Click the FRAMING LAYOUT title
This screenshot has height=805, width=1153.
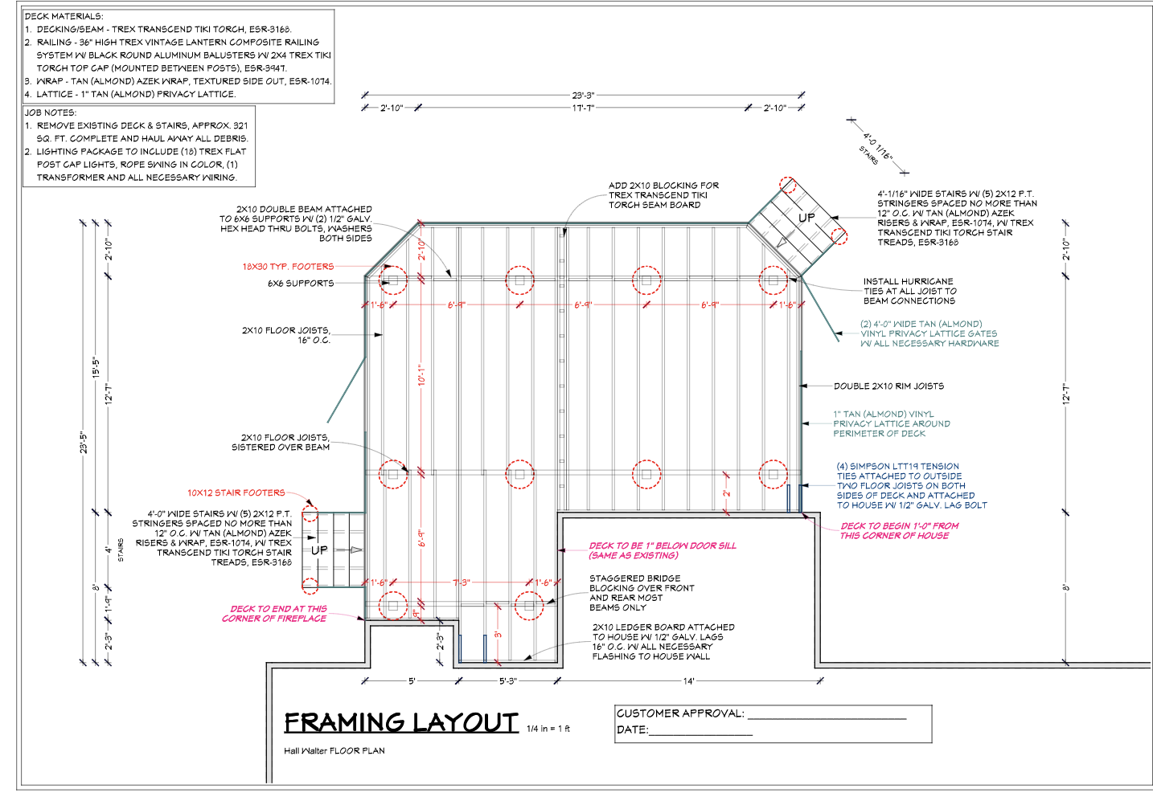click(401, 723)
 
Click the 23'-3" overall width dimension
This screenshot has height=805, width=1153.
click(583, 95)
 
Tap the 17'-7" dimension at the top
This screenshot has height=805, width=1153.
click(583, 108)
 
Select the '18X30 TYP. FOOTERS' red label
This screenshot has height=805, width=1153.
click(288, 267)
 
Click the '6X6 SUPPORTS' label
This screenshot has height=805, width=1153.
click(301, 284)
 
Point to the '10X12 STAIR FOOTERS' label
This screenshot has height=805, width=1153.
click(236, 492)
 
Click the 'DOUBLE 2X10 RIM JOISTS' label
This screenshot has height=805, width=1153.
click(889, 386)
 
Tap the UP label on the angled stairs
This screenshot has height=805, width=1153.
click(806, 218)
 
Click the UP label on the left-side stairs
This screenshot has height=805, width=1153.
click(319, 550)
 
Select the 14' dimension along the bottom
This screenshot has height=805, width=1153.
click(689, 681)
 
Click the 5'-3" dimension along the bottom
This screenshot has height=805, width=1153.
click(508, 681)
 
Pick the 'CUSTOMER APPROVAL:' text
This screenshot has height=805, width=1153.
click(680, 713)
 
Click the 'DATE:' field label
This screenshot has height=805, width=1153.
click(633, 730)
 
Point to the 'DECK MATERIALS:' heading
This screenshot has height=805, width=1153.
click(64, 16)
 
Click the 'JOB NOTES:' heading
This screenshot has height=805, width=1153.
click(51, 112)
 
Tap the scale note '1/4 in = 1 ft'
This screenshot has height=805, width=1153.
click(548, 729)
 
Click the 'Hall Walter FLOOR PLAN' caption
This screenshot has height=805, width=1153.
click(334, 751)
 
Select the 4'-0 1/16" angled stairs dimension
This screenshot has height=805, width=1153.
click(878, 146)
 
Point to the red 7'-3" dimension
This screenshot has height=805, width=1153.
click(462, 582)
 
